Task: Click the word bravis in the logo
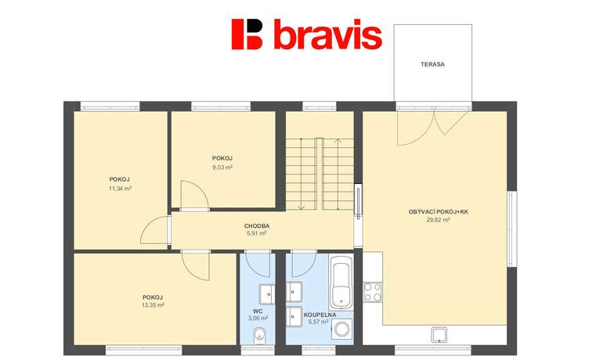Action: point(327,34)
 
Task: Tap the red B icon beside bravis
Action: point(247,34)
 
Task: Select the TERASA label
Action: point(432,64)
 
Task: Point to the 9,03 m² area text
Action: point(222,167)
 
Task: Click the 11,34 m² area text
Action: point(120,189)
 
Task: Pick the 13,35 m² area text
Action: point(153,305)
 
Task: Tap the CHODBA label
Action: point(257,226)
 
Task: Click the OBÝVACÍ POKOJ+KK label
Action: point(439,211)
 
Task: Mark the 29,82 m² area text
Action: point(439,220)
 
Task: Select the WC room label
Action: point(258,311)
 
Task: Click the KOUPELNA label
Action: point(320,315)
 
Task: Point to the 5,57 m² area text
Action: point(318,322)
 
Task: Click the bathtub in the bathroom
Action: point(341,283)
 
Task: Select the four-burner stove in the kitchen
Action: point(373,292)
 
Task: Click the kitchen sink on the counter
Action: point(439,335)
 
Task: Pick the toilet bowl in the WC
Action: point(259,336)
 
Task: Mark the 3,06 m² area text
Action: point(258,319)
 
